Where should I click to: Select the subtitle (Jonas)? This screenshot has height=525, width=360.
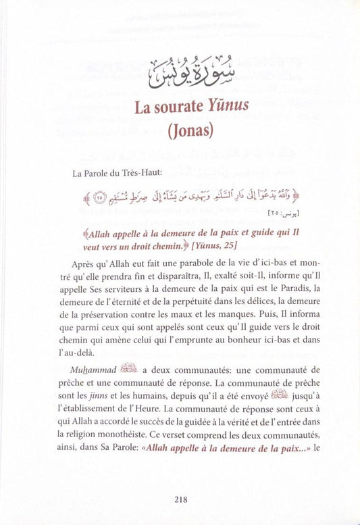[180, 130]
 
